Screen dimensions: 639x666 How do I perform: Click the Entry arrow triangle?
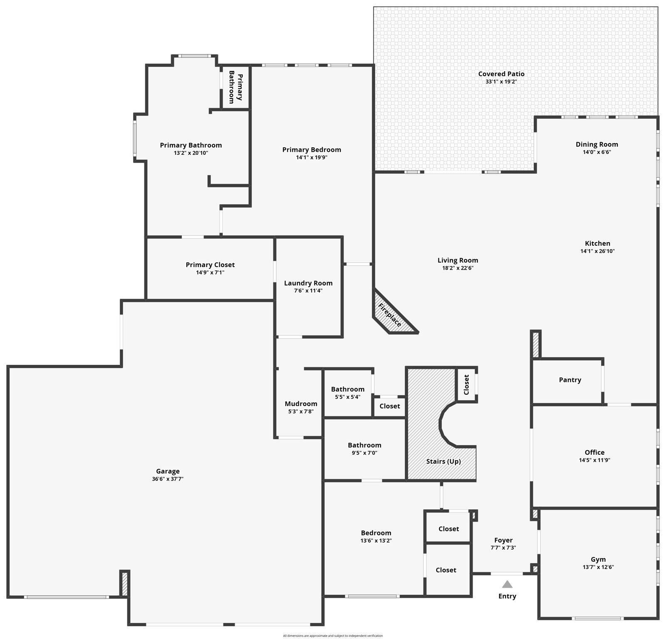click(507, 584)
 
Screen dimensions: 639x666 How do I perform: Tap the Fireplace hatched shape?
click(391, 315)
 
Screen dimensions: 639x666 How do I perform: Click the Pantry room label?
click(569, 380)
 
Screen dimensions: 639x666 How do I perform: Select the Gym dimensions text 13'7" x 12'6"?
click(598, 567)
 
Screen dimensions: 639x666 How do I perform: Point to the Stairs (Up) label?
click(443, 461)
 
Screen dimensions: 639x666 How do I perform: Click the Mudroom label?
click(301, 404)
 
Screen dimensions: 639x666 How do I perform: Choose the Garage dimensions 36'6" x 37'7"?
click(168, 479)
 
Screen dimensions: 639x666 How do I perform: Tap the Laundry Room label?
click(308, 283)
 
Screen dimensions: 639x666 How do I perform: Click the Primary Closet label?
click(210, 265)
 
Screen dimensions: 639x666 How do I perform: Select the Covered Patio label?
click(501, 74)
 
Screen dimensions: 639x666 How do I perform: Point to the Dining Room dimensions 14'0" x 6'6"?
click(597, 152)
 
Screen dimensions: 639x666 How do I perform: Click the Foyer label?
click(503, 540)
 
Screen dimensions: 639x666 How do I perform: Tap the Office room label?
click(594, 452)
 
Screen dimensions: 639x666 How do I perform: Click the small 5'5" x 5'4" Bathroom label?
click(347, 389)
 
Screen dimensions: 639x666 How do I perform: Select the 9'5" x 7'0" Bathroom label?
click(364, 445)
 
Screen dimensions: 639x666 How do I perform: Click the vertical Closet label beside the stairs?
click(466, 385)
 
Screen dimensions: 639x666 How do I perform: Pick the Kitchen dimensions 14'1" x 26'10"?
click(597, 251)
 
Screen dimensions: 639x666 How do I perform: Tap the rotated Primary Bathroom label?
click(235, 87)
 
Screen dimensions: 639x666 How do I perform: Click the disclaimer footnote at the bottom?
click(333, 636)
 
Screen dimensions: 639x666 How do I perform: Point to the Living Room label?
click(458, 260)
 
